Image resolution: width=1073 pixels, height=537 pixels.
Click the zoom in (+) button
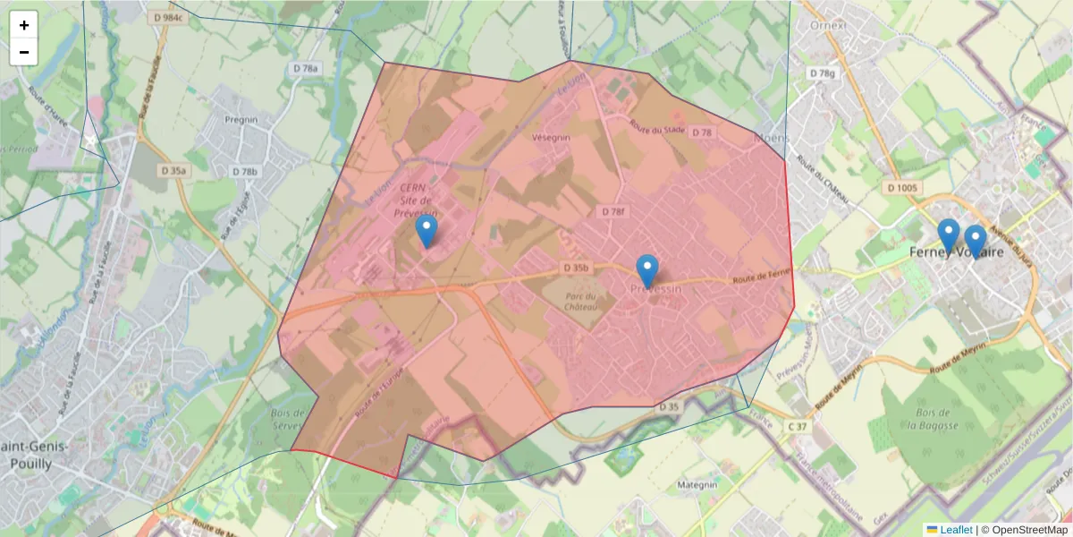point(24,25)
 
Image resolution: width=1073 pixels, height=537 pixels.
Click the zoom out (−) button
point(24,52)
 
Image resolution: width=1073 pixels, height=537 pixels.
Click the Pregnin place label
point(241,119)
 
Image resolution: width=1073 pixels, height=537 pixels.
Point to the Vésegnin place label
point(551,138)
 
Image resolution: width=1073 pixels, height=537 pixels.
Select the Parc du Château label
point(582,303)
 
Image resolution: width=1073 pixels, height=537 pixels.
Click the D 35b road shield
point(577,268)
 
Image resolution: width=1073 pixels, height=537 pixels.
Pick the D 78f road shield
point(613,212)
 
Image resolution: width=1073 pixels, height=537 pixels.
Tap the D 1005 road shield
point(904,188)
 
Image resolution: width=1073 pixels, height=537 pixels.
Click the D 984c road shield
point(167,17)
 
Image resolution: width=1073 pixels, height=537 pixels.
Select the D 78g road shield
point(821,73)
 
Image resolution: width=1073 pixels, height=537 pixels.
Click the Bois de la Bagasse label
point(932,418)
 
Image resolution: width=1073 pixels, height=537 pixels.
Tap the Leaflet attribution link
point(956,530)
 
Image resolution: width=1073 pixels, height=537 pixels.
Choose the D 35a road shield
point(173,170)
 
